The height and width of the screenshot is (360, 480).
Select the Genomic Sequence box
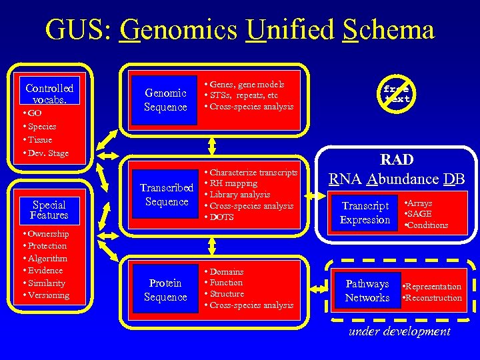[165, 100]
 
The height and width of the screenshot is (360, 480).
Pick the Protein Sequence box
[165, 290]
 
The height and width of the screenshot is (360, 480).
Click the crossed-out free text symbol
[397, 93]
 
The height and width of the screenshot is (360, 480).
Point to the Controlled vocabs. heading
[49, 93]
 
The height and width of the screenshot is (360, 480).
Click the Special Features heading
[49, 210]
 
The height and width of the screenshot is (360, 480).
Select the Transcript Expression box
[365, 213]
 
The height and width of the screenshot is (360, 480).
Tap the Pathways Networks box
[367, 291]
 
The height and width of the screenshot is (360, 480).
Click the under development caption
[399, 331]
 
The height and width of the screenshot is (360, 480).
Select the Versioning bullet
[47, 295]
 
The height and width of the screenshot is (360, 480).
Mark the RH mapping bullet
[233, 183]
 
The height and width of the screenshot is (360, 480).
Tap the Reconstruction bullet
[433, 298]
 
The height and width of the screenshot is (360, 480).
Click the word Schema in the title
[389, 30]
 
